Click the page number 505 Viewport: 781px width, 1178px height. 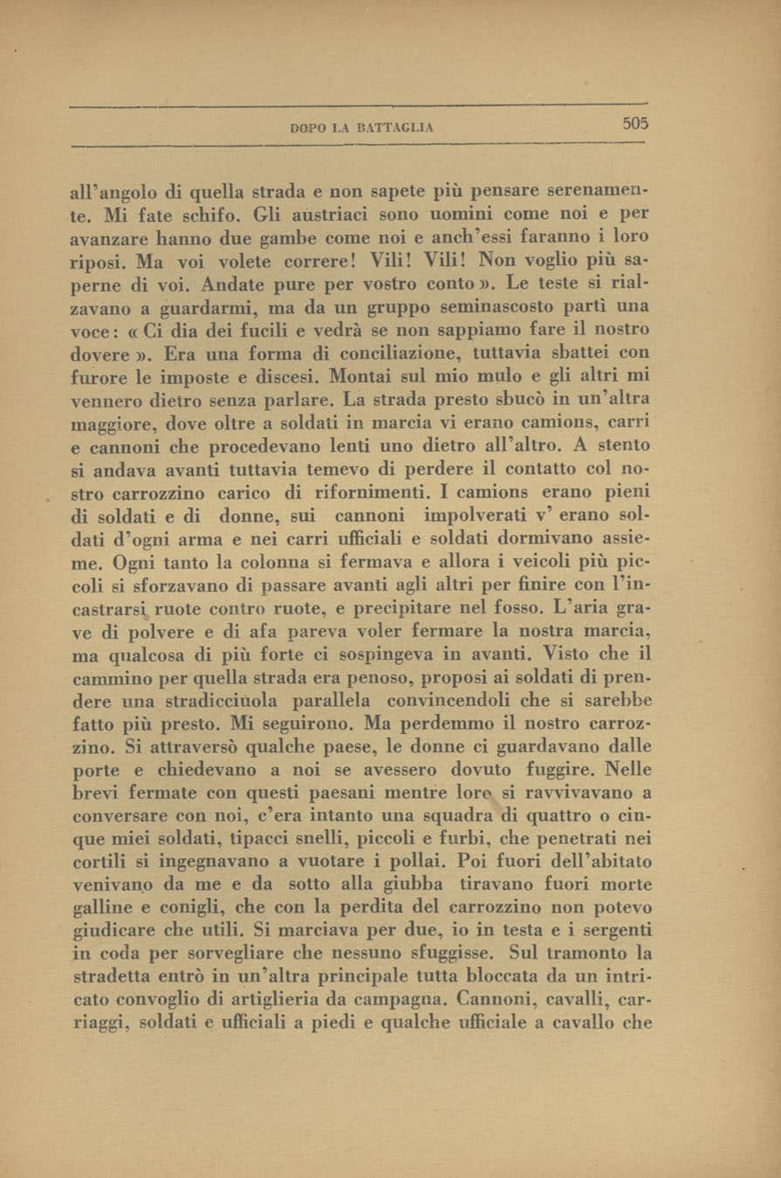point(635,124)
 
